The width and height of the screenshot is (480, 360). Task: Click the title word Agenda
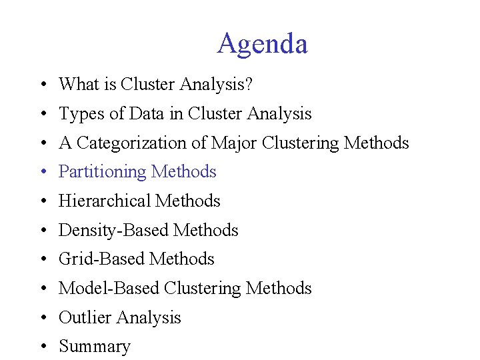tap(262, 44)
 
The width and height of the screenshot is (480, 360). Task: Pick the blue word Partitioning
tap(103, 172)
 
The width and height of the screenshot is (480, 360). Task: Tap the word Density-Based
tap(113, 230)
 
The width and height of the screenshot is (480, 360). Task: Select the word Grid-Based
tap(102, 259)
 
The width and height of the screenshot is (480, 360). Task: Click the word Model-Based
tap(109, 288)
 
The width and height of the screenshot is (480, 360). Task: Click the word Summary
tap(95, 347)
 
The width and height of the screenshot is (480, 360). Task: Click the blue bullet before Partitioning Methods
tap(42, 173)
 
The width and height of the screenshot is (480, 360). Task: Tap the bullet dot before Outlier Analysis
tap(42, 318)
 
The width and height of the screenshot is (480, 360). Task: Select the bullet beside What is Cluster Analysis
tap(42, 85)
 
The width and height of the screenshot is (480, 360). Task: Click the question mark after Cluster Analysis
tap(249, 84)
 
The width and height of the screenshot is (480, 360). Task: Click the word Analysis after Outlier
tap(151, 317)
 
